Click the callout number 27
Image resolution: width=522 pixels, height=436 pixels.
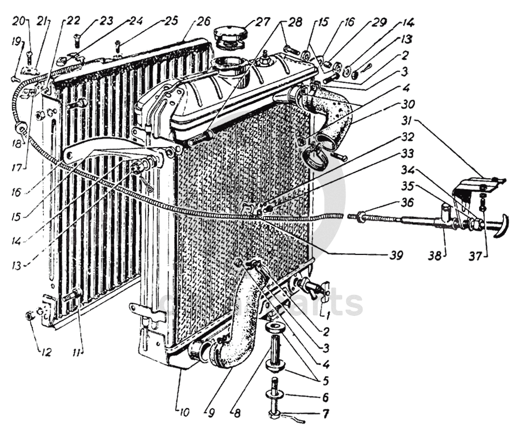(261, 23)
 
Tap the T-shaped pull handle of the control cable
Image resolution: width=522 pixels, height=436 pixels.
(500, 226)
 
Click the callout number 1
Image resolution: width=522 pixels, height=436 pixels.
(329, 313)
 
